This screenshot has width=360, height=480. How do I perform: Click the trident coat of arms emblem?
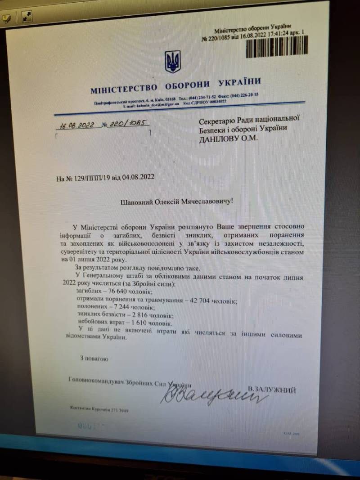point(173,62)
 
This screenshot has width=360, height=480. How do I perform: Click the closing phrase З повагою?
point(94,359)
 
